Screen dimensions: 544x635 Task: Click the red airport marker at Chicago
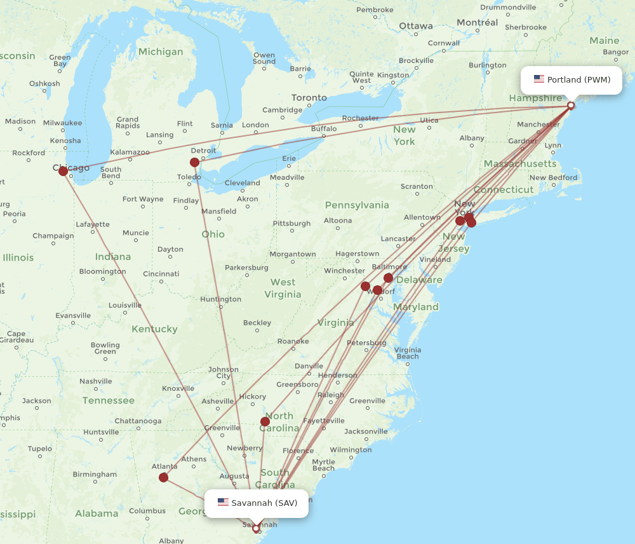click(x=63, y=171)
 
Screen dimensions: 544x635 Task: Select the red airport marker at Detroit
click(x=194, y=162)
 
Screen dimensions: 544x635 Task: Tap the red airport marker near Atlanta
click(x=163, y=477)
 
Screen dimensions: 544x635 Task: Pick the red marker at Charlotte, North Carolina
click(x=265, y=421)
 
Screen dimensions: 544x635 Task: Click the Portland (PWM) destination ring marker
click(x=571, y=105)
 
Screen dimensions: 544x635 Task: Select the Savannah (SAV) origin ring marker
click(x=256, y=528)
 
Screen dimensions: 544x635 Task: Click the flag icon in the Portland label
click(x=539, y=79)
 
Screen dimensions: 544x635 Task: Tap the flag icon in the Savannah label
click(x=223, y=503)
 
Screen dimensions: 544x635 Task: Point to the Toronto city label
click(x=309, y=98)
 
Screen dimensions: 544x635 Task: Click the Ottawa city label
click(x=416, y=26)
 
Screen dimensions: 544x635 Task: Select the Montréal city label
click(x=477, y=22)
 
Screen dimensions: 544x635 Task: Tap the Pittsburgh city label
click(x=291, y=224)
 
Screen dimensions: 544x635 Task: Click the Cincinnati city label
click(x=161, y=274)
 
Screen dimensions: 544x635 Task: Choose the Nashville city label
click(x=96, y=381)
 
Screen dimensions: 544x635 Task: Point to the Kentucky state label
click(x=154, y=329)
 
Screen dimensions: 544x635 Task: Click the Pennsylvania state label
click(x=357, y=205)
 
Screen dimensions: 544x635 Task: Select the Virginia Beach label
click(x=407, y=353)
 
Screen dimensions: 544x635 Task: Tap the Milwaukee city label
click(x=62, y=123)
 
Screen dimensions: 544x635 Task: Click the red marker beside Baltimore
click(x=388, y=278)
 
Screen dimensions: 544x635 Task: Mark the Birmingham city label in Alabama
click(x=95, y=474)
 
